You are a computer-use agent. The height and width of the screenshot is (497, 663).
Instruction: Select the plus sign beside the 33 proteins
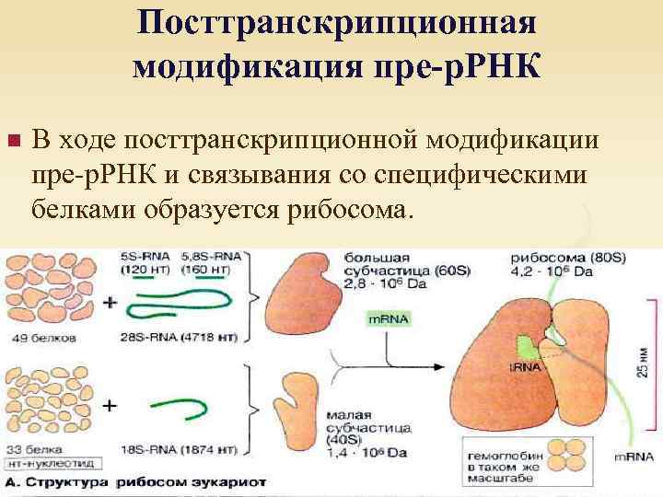(111, 404)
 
